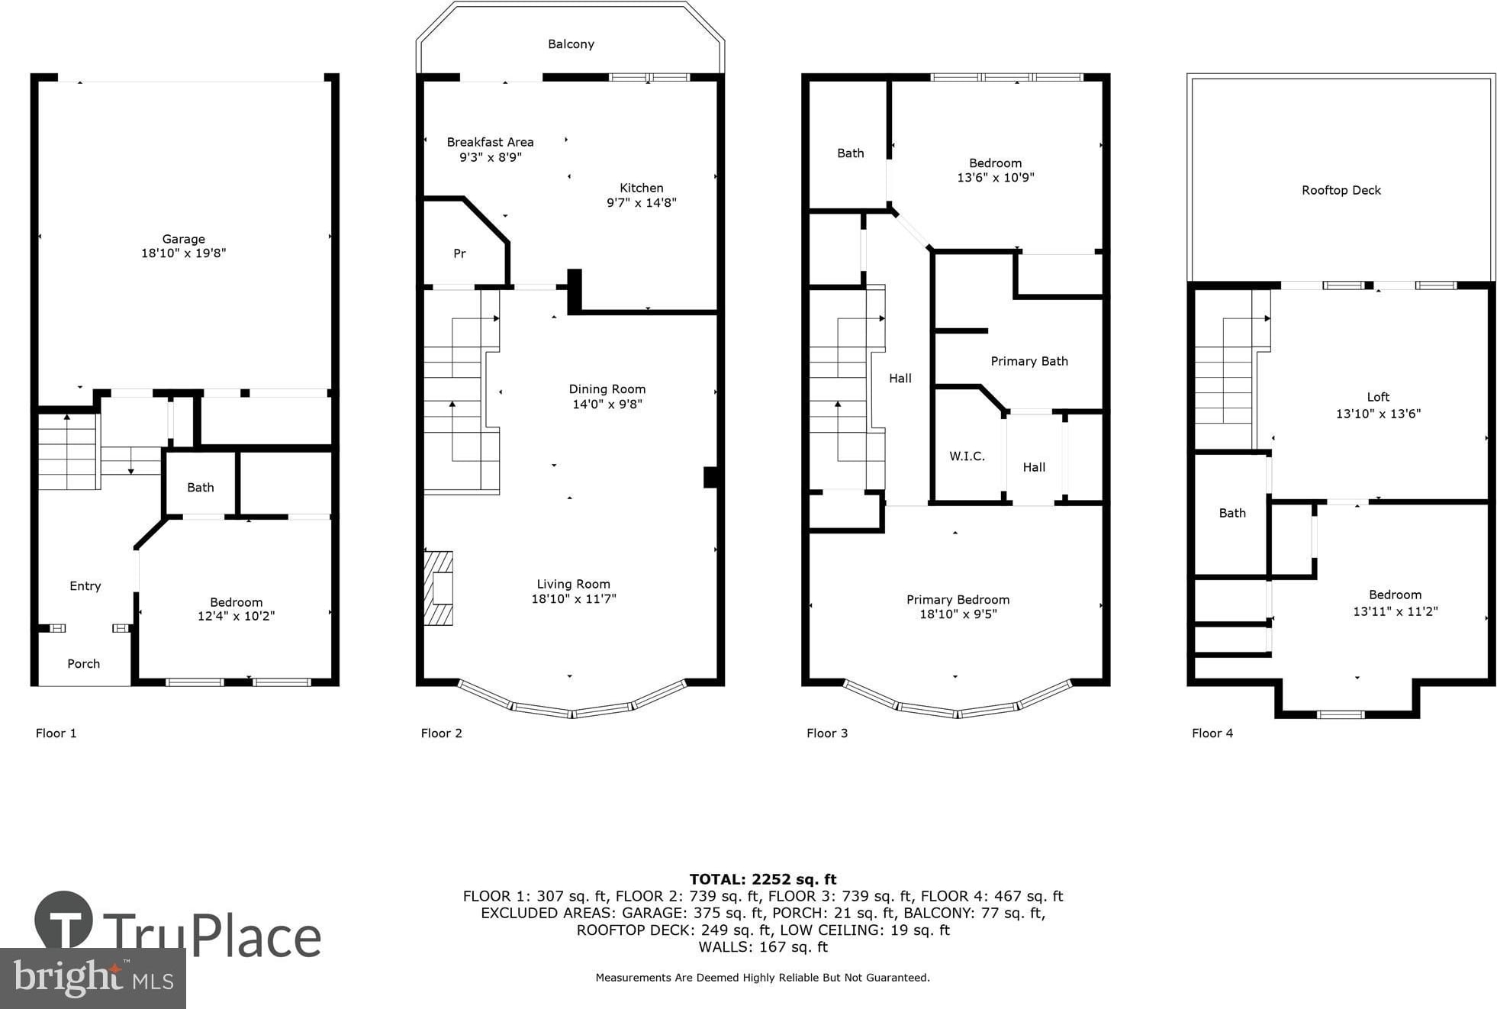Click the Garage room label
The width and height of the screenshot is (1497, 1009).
(x=183, y=239)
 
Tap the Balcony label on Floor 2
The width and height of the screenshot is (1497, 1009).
(x=571, y=44)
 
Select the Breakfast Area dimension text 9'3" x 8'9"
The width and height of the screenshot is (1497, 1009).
(x=490, y=157)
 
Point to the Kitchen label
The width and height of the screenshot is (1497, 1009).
(x=641, y=188)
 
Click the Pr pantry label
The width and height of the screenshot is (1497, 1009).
(x=459, y=253)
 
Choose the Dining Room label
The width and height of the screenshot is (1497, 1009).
(x=607, y=389)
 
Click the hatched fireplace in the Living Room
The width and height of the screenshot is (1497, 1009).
(x=439, y=588)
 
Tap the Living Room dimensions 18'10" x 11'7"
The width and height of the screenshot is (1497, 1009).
(x=574, y=599)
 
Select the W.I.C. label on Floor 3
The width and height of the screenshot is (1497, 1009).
(x=967, y=456)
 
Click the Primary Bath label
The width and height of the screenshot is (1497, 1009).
(x=1029, y=361)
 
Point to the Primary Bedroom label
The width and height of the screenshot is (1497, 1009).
(x=958, y=600)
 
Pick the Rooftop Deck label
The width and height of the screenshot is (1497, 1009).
(x=1341, y=190)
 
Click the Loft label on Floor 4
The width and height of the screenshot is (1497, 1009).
(x=1378, y=397)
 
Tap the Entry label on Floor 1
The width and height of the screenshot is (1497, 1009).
(x=85, y=586)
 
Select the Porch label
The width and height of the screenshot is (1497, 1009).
(x=84, y=664)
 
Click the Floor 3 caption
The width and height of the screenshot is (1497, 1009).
(x=827, y=733)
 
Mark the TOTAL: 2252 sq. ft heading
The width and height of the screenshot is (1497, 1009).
(x=763, y=879)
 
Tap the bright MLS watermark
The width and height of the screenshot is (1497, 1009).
(x=93, y=978)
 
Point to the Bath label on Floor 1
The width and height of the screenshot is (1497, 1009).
(x=201, y=488)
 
